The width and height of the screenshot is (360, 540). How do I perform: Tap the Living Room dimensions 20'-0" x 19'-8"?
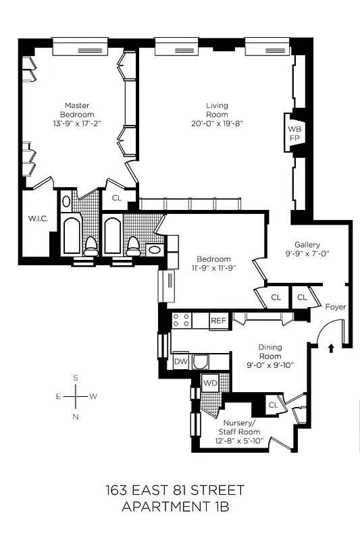[217, 124]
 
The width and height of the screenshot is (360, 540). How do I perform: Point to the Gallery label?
[307, 244]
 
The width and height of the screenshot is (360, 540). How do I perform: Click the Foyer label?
[335, 307]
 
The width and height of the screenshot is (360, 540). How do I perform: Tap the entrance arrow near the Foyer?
[331, 349]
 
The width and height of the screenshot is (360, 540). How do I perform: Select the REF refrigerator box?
[218, 321]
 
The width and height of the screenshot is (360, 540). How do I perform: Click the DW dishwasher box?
[180, 362]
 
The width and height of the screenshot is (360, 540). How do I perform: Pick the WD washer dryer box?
[210, 383]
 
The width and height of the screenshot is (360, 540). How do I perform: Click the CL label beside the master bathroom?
[117, 198]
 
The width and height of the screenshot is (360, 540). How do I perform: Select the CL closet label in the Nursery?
[273, 405]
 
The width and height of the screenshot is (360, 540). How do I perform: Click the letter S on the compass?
[76, 378]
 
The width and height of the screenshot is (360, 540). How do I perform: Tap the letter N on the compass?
[76, 416]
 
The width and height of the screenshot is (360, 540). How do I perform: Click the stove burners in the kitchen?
[181, 320]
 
